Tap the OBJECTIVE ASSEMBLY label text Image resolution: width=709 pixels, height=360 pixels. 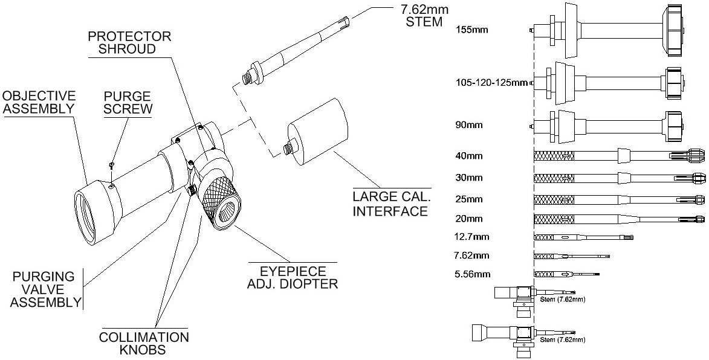point(39,102)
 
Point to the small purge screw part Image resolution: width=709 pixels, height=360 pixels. point(112,164)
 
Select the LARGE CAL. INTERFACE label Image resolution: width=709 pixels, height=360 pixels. point(391,204)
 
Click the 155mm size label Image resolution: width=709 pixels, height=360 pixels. point(473,28)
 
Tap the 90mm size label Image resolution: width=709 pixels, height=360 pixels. point(470,126)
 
